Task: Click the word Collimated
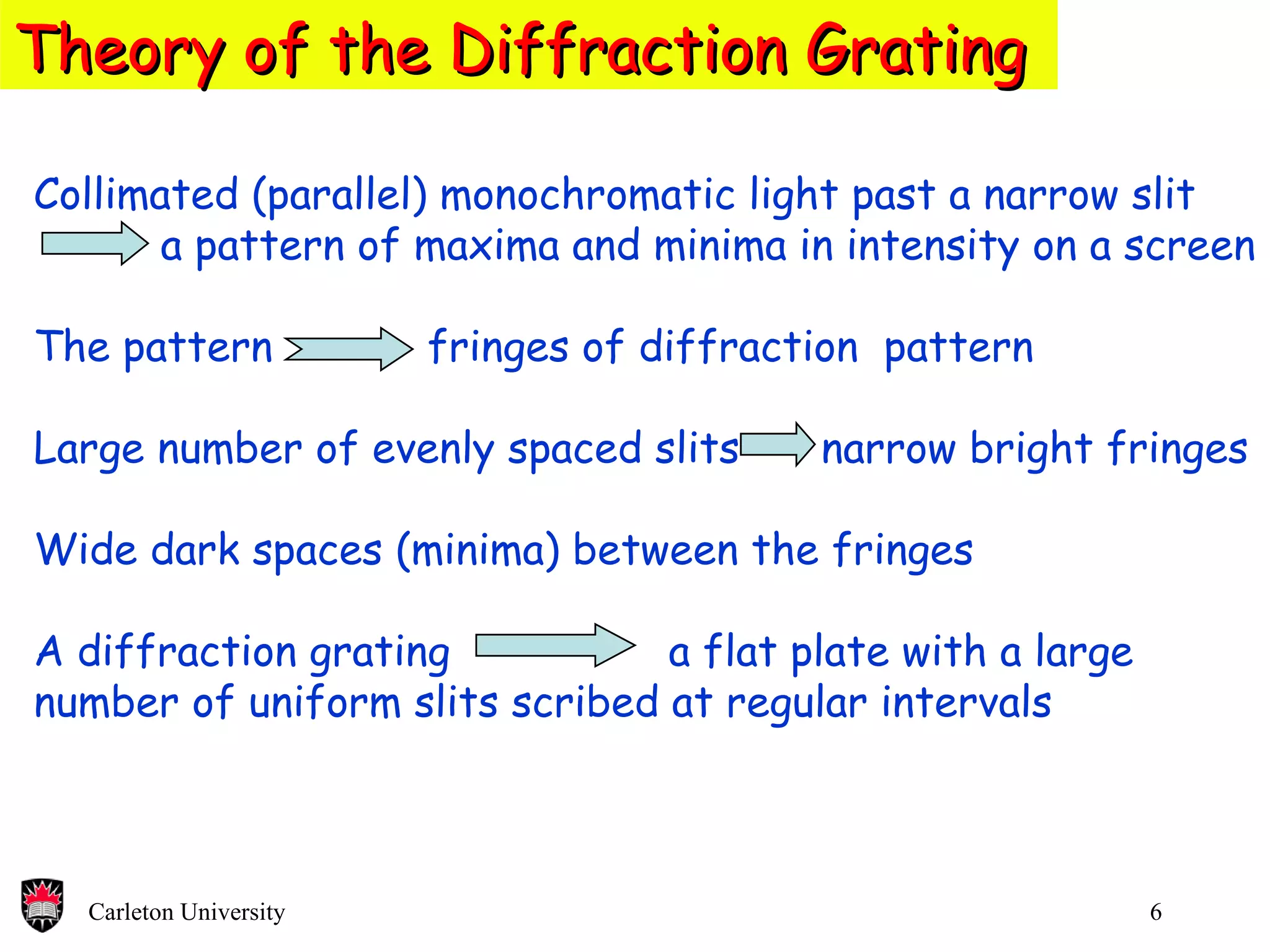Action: (136, 195)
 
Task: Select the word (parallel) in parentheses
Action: (340, 196)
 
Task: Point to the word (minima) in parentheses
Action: (477, 550)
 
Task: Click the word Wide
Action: (86, 550)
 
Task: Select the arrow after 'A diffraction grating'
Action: (555, 646)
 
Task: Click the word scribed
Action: (584, 703)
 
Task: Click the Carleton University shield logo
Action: (42, 905)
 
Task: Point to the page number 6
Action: (1156, 912)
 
